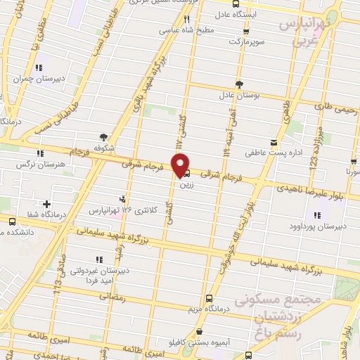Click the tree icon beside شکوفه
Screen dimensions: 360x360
pyautogui.click(x=104, y=136)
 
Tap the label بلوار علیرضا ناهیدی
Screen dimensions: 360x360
pyautogui.click(x=321, y=191)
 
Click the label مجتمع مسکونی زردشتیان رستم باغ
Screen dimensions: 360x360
pyautogui.click(x=295, y=316)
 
